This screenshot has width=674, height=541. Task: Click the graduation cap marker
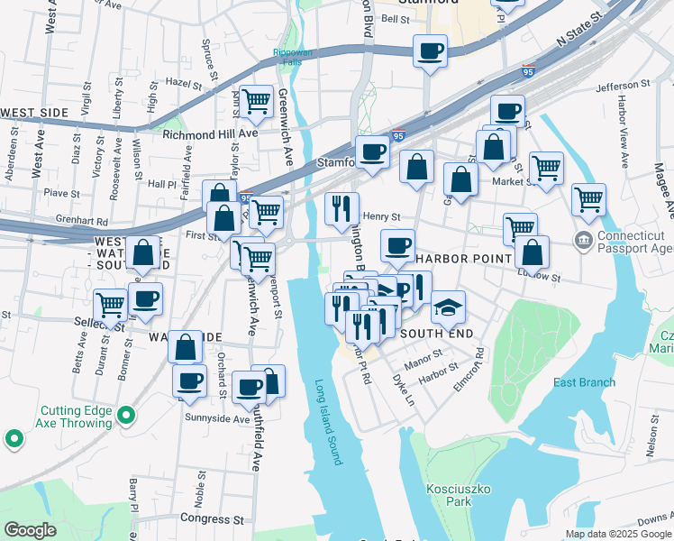(448, 308)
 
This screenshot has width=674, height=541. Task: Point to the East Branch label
(584, 382)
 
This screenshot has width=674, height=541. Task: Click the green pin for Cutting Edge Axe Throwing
(127, 416)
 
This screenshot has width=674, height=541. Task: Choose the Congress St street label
(212, 518)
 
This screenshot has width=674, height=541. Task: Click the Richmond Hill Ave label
(210, 133)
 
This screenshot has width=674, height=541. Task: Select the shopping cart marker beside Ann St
(257, 102)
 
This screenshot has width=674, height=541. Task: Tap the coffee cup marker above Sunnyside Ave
(249, 388)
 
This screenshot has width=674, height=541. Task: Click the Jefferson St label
(623, 85)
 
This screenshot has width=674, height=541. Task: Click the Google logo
(30, 530)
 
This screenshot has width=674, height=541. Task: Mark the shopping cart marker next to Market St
(546, 168)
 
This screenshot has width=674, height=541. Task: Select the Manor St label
(424, 358)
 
